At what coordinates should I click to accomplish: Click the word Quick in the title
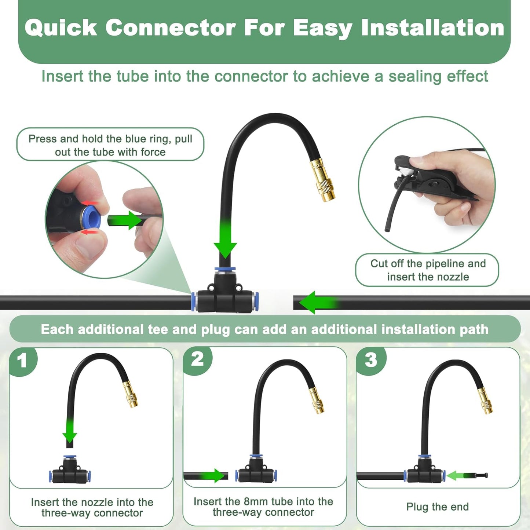[x=61, y=28]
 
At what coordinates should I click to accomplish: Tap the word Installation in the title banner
[x=432, y=28]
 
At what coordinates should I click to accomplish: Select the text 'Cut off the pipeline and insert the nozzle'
[x=428, y=270]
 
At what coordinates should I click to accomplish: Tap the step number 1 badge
[x=22, y=361]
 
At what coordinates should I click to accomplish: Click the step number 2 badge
[x=197, y=359]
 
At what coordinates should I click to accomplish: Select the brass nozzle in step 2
[x=318, y=401]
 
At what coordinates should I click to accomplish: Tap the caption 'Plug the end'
[x=437, y=507]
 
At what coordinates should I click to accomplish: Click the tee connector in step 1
[x=70, y=473]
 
